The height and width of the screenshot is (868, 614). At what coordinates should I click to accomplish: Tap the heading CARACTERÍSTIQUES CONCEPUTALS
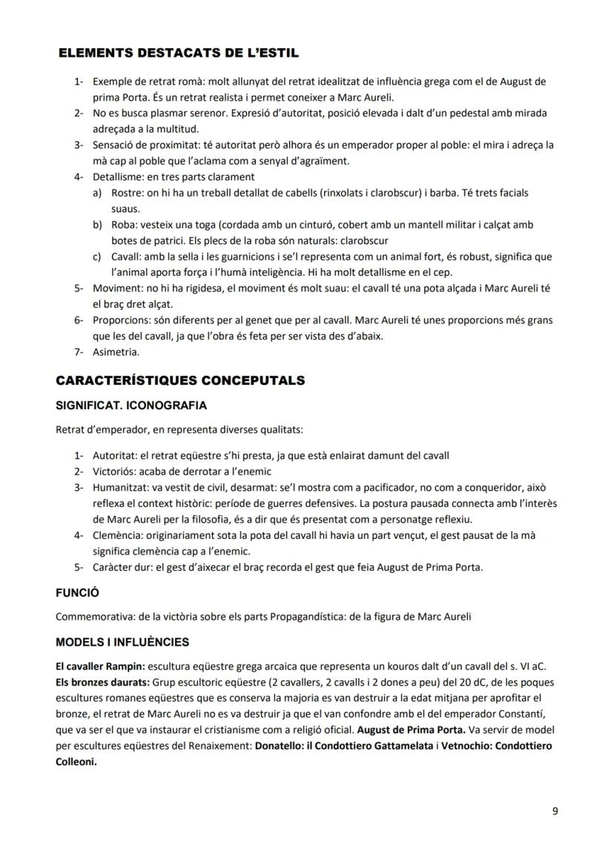pyautogui.click(x=180, y=381)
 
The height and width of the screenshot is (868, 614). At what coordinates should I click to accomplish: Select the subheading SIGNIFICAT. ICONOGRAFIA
pyautogui.click(x=131, y=405)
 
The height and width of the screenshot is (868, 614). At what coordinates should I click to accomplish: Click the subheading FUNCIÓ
pyautogui.click(x=78, y=594)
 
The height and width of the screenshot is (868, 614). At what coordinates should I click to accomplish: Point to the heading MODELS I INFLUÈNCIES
pyautogui.click(x=122, y=642)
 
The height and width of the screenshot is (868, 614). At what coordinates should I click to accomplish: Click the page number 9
pyautogui.click(x=555, y=811)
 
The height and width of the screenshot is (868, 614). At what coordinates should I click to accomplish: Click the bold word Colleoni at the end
pyautogui.click(x=76, y=761)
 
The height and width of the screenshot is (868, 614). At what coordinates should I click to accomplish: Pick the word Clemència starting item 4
pyautogui.click(x=116, y=534)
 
